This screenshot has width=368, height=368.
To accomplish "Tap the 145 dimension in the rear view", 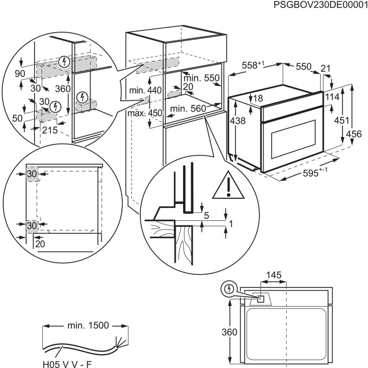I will click(274, 275).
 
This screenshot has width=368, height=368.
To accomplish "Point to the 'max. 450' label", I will click(140, 113).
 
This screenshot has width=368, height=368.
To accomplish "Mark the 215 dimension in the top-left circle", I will click(49, 130).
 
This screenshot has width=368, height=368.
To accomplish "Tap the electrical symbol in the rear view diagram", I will click(228, 289).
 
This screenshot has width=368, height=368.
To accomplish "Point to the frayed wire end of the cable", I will click(121, 341).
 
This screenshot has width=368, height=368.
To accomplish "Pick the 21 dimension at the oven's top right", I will click(325, 68).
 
